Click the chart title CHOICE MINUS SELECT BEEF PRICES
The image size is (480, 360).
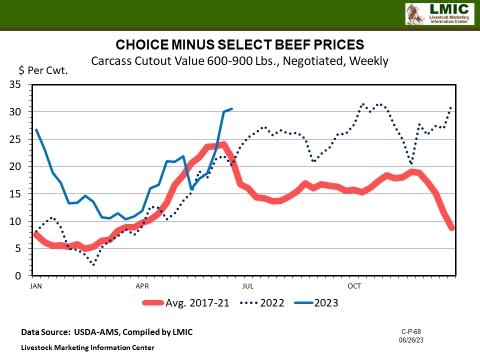(240, 45)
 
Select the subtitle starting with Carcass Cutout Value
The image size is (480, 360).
(240, 61)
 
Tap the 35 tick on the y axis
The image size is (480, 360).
(21, 85)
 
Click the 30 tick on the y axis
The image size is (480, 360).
(21, 112)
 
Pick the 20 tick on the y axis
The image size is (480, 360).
(21, 166)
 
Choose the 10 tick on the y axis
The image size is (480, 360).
(21, 221)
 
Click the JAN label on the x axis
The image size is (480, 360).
(35, 285)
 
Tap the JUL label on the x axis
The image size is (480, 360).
(247, 285)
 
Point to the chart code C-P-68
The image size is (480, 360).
(435, 328)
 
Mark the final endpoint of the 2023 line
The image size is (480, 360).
(232, 109)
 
